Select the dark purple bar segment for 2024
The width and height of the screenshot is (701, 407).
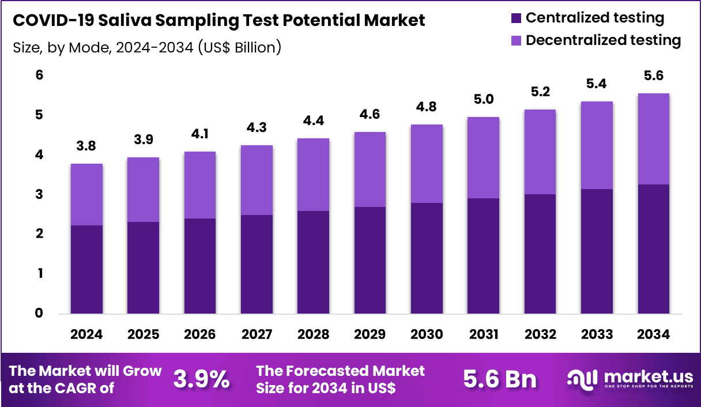(x=86, y=269)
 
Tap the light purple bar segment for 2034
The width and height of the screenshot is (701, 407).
(x=654, y=139)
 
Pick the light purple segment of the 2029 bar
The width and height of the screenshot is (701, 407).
(x=370, y=169)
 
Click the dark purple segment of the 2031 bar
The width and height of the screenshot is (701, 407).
(x=484, y=256)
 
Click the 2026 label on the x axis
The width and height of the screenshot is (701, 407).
(x=200, y=335)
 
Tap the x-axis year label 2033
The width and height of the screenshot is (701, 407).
(x=597, y=335)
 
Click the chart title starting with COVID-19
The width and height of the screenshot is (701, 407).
(x=218, y=21)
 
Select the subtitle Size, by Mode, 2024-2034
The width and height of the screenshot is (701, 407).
(x=146, y=47)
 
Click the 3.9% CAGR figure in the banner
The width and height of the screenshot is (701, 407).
(x=201, y=379)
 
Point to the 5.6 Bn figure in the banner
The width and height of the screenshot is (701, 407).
(x=500, y=379)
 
